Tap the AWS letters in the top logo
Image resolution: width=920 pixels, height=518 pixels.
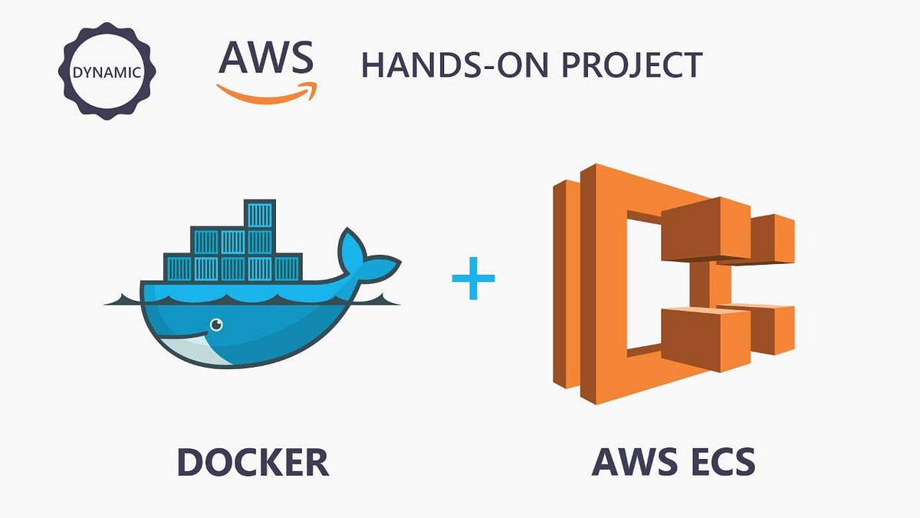pyautogui.click(x=265, y=57)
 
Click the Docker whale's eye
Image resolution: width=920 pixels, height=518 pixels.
pyautogui.click(x=217, y=325)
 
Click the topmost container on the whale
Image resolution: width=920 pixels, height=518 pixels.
pyautogui.click(x=258, y=214)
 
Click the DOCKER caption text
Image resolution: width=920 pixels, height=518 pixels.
pyautogui.click(x=253, y=462)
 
